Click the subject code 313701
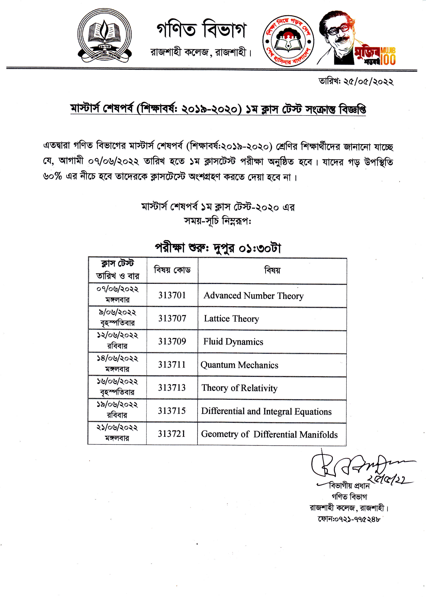coord(172,295)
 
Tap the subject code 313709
coord(172,341)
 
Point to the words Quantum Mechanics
coord(239,365)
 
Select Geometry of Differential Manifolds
coord(269,434)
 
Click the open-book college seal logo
coord(104,35)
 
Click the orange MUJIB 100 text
coord(388,56)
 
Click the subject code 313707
coord(172,318)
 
